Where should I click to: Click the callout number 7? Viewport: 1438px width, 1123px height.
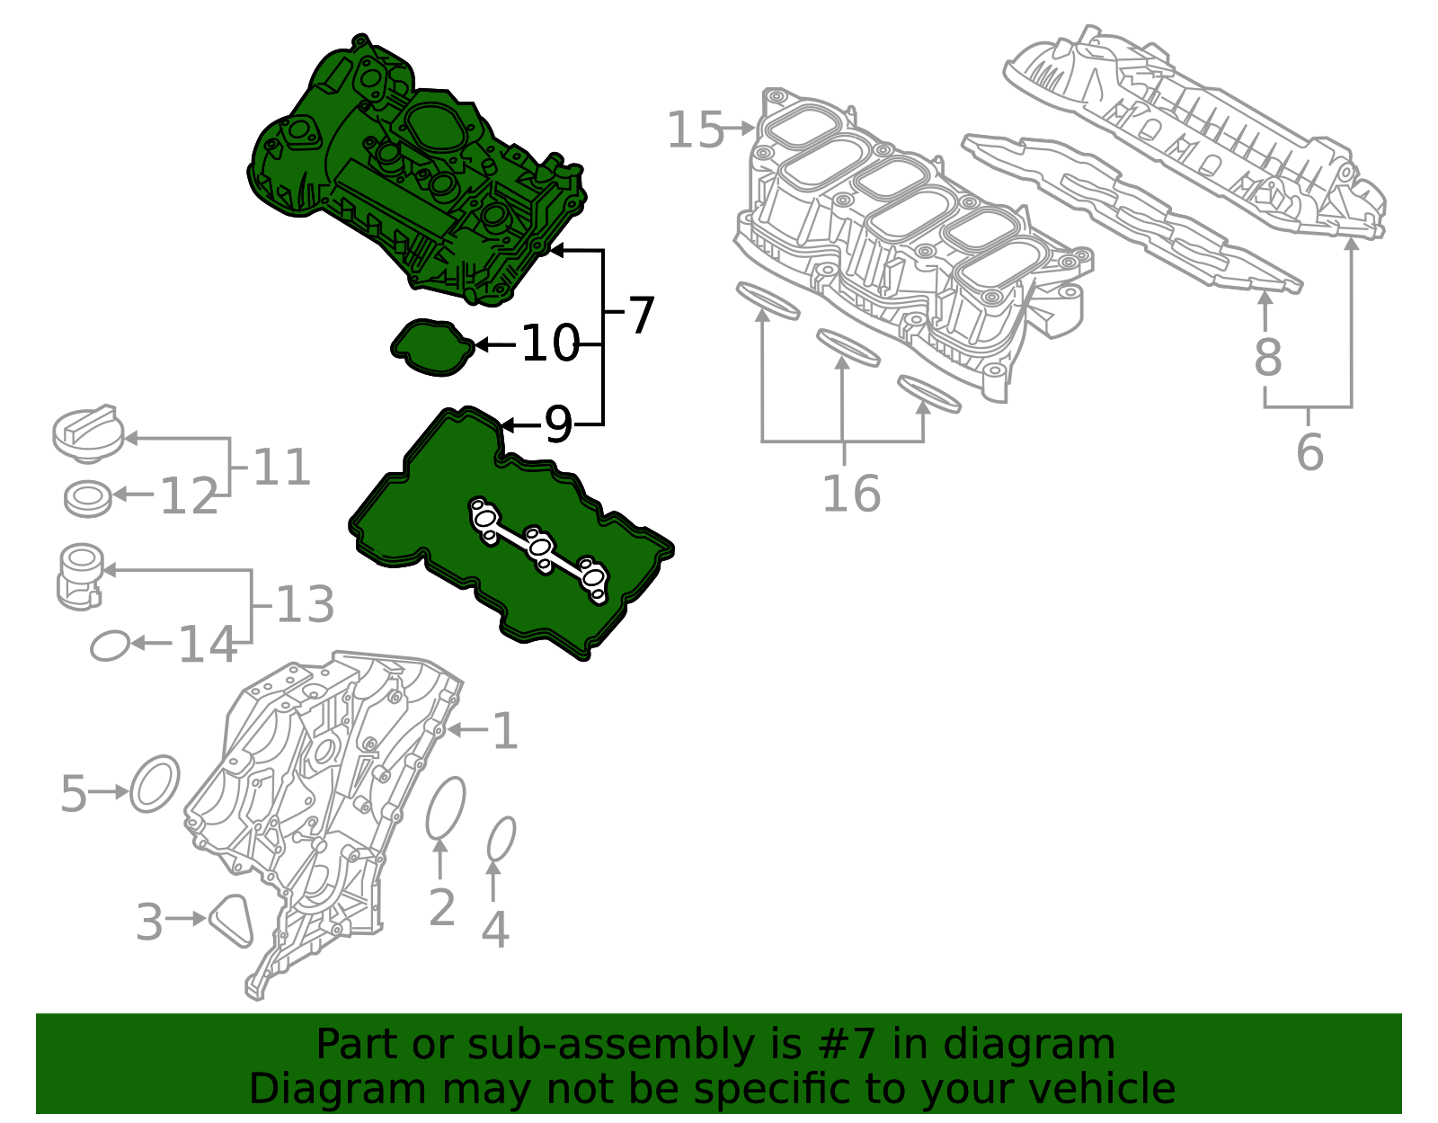tap(641, 316)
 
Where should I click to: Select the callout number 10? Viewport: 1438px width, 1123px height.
tap(549, 344)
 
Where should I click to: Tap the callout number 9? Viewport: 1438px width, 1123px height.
tap(558, 424)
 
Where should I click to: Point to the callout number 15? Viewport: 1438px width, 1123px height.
tap(694, 130)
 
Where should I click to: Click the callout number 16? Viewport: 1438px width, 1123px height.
tap(850, 494)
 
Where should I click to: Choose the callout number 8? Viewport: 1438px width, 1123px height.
tap(1267, 357)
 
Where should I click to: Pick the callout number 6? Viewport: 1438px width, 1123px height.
tap(1309, 451)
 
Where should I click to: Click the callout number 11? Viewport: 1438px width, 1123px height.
tap(281, 468)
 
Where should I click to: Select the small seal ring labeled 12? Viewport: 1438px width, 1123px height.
tap(88, 498)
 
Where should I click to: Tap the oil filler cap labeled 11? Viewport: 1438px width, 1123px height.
tap(84, 432)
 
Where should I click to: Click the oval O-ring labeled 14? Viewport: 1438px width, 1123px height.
tap(110, 645)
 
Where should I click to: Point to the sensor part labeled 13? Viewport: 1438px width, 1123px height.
tap(79, 576)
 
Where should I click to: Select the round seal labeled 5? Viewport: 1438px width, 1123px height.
tap(155, 783)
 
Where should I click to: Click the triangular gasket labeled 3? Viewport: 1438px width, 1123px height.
tap(231, 920)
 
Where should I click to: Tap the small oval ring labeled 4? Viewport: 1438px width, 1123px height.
tap(501, 840)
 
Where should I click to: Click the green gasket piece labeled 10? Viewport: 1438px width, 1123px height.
tap(432, 347)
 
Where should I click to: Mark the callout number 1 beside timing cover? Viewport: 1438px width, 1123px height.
tap(504, 731)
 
